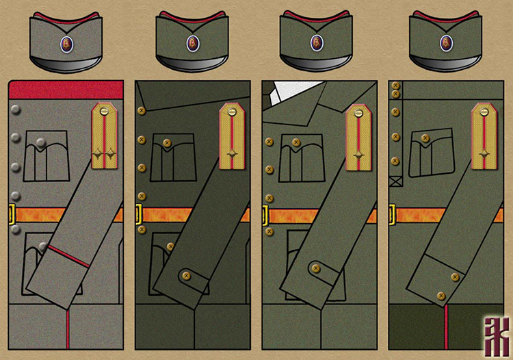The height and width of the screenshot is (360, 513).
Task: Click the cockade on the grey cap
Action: (x=66, y=44)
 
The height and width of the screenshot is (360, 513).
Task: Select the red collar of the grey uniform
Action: (x=66, y=89)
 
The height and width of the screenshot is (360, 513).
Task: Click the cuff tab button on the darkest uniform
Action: (x=184, y=276)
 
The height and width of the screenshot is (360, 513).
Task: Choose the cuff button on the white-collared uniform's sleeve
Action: (x=315, y=268)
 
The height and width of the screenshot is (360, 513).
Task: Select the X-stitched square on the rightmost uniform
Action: (x=395, y=182)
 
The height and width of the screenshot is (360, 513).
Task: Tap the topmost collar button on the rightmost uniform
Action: (x=395, y=86)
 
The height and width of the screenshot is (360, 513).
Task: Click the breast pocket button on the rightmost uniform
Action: (x=425, y=138)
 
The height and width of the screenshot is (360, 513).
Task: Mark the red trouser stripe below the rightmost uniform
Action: (x=447, y=329)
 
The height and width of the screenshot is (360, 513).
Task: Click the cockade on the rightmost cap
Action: (x=447, y=43)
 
